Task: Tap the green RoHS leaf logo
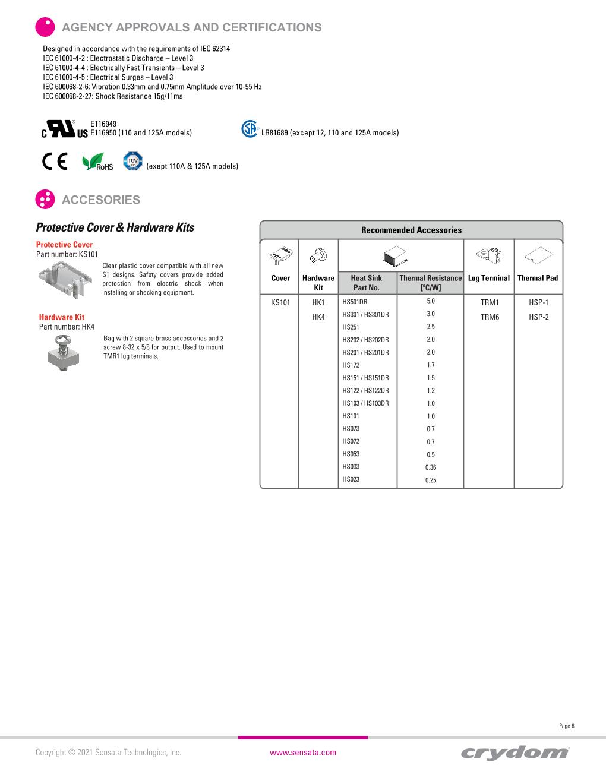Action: coord(97,162)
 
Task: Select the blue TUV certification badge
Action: coord(132,161)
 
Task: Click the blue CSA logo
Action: coord(250,129)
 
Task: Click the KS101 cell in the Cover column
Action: coord(280,302)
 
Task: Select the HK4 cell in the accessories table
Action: coord(318,317)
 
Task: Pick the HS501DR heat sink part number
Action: coord(355,302)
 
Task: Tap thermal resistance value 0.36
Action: coord(431,467)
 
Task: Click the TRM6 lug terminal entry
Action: coord(490,317)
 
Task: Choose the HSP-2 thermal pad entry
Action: coord(538,317)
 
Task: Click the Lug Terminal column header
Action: coord(489,278)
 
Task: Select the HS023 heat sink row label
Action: coord(351,479)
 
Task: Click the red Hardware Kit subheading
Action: coord(62,317)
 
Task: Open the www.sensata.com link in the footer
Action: coord(303,753)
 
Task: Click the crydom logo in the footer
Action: coord(515,753)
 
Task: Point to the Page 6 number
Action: coord(567,726)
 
